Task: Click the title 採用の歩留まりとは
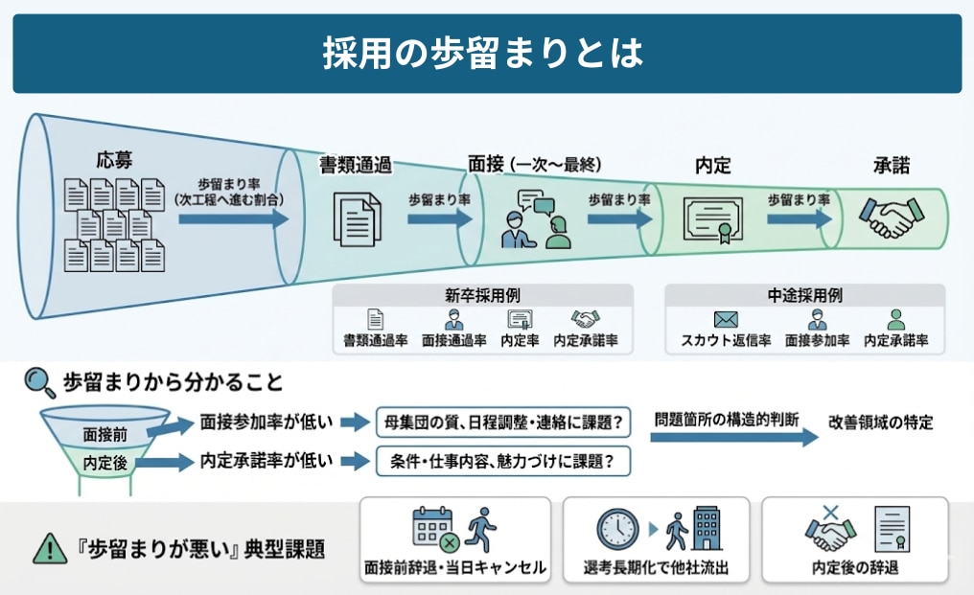click(x=486, y=54)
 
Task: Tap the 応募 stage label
click(x=114, y=160)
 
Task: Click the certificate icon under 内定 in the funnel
click(x=712, y=218)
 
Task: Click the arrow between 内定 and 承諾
click(x=798, y=217)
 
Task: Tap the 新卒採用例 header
click(x=482, y=296)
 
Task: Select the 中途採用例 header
click(x=804, y=296)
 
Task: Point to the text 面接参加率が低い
click(x=267, y=422)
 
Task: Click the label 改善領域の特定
click(x=881, y=422)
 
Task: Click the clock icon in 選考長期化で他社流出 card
click(x=617, y=529)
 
